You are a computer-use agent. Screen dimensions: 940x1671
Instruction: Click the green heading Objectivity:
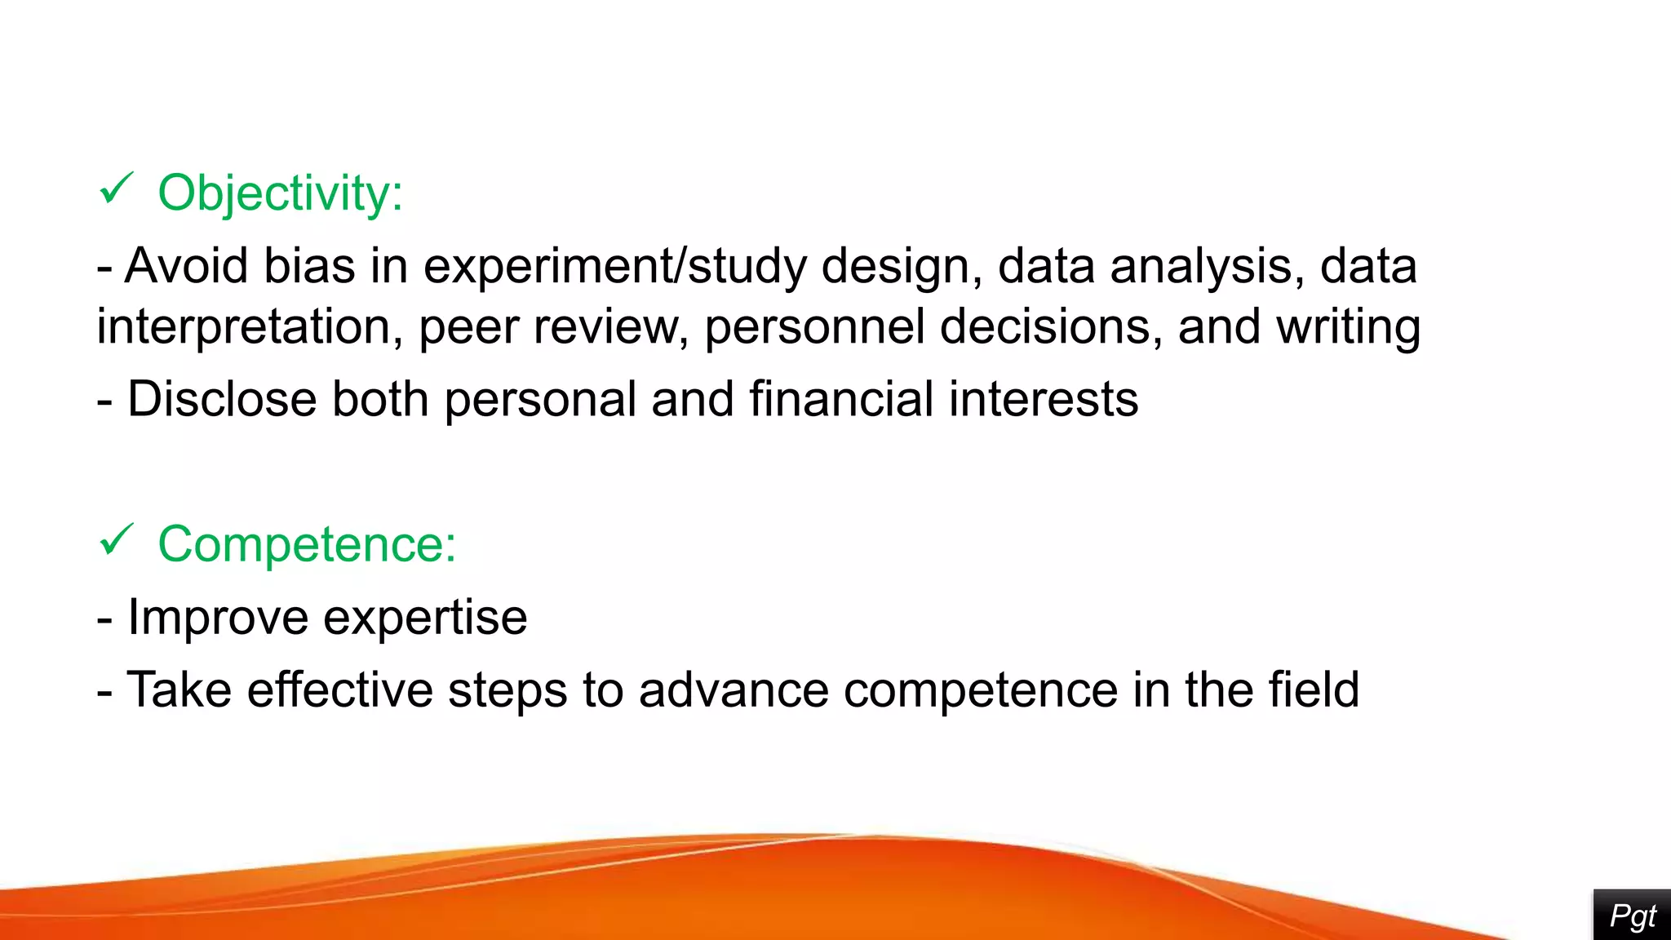point(280,194)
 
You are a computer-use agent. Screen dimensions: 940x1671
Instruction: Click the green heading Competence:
point(307,544)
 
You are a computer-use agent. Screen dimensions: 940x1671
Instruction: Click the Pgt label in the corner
point(1633,916)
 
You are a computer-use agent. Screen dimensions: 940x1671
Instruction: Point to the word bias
point(310,266)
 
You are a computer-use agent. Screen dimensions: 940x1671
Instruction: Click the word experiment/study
point(614,268)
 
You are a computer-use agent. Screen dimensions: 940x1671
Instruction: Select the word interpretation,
point(250,327)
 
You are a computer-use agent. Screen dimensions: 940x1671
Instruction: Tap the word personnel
point(814,327)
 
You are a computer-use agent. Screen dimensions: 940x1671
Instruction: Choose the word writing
point(1348,327)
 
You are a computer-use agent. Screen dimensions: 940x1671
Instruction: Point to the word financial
point(841,399)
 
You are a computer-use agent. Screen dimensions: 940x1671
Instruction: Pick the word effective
point(339,690)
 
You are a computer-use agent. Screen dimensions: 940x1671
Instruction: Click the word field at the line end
point(1314,689)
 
